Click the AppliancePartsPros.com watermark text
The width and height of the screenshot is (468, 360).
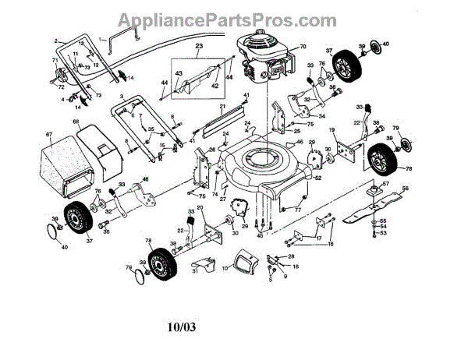coord(227,19)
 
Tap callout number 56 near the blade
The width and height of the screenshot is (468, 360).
coord(405,189)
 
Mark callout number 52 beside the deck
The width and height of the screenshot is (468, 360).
coord(318,178)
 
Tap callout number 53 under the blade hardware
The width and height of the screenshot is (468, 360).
coord(383,233)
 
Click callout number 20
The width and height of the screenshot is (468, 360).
coord(200,207)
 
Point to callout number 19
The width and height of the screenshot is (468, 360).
coord(331,129)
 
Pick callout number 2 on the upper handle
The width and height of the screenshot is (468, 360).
coord(57,39)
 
